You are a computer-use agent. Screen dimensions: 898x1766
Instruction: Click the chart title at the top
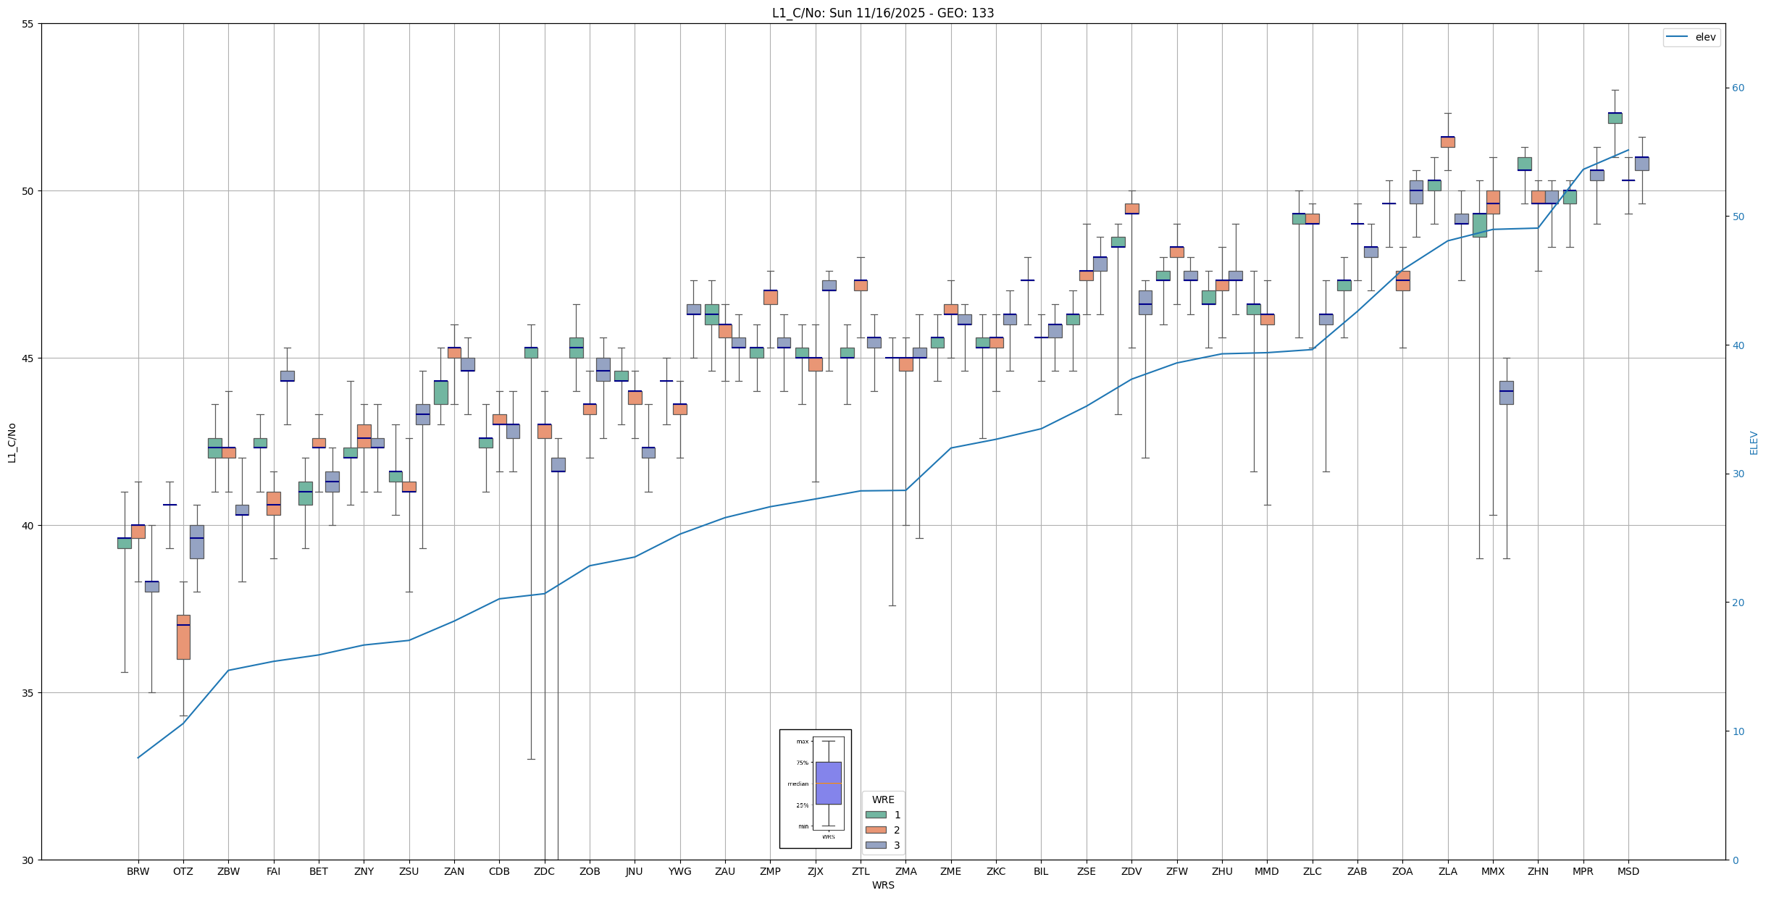coord(882,13)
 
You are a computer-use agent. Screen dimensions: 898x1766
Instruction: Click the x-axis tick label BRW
coord(138,871)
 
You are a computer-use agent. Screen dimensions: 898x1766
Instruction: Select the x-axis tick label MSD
coord(1628,871)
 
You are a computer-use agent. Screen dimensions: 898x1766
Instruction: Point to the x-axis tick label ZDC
coord(544,871)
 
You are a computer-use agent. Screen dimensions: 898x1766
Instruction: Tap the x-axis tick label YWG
coord(679,871)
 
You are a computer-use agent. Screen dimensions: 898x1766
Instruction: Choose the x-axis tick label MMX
coord(1493,871)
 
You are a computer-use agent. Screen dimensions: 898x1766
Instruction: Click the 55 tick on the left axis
coord(28,24)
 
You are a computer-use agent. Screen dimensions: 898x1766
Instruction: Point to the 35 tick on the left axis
coord(28,693)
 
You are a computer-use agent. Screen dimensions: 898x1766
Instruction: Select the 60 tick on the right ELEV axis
coord(1738,88)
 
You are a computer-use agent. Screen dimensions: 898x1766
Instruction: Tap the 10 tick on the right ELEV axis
coord(1738,731)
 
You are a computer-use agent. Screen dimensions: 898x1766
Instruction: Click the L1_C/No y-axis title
coord(12,442)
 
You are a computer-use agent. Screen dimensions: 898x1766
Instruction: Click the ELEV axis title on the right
coord(1754,442)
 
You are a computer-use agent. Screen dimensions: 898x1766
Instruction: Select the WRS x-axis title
coord(882,885)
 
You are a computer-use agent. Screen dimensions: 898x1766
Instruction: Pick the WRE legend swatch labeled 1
coord(876,815)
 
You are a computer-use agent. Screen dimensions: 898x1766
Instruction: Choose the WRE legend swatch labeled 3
coord(876,845)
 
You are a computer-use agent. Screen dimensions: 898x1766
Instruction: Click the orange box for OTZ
coord(183,637)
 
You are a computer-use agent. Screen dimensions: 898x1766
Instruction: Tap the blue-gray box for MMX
coord(1507,393)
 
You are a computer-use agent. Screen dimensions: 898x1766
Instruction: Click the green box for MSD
coord(1615,118)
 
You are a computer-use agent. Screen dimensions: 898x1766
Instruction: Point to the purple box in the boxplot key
coord(828,783)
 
